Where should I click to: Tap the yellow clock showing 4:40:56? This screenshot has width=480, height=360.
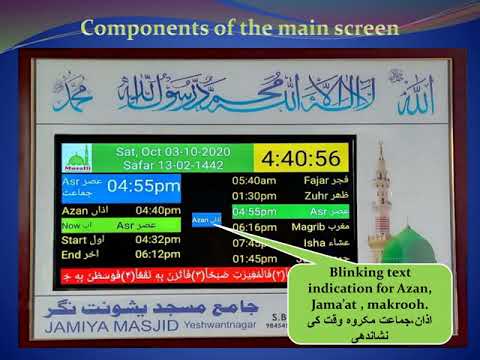click(x=299, y=158)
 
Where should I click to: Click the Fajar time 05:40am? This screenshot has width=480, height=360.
click(x=254, y=181)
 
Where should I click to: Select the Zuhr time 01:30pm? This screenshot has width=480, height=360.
click(x=254, y=196)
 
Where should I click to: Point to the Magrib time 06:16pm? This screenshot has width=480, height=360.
click(x=254, y=227)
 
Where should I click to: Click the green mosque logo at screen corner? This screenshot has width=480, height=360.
click(x=76, y=159)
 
